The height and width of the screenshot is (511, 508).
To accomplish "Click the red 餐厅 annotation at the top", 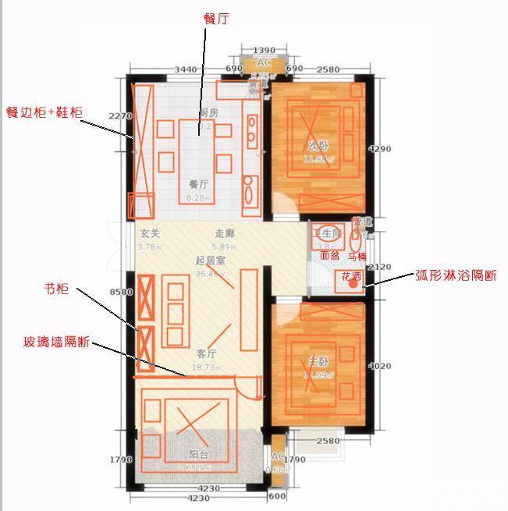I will [x=217, y=17].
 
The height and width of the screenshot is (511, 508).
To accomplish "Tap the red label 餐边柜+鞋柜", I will [x=44, y=112].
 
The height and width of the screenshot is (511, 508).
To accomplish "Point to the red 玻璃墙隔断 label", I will [x=56, y=342].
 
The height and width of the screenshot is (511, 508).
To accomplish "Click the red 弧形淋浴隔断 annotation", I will [x=456, y=275].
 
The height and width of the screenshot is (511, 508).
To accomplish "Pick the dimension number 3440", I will [x=185, y=70].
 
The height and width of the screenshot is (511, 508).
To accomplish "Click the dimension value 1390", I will [x=264, y=50].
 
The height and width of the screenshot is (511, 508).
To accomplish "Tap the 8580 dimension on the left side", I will [x=122, y=293].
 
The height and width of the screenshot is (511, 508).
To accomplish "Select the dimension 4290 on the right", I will [x=379, y=148].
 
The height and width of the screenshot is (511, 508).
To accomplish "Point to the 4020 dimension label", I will [x=379, y=366].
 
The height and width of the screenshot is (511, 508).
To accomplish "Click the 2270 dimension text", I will [x=119, y=115].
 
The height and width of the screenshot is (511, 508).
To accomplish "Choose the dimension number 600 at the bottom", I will [x=277, y=497].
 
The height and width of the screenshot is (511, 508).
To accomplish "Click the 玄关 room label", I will [x=149, y=233].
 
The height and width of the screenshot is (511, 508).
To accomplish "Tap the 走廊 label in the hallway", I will [x=225, y=233].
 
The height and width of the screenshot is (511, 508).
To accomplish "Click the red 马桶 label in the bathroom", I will [x=357, y=255].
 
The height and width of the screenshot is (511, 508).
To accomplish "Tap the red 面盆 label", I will [x=329, y=255].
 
